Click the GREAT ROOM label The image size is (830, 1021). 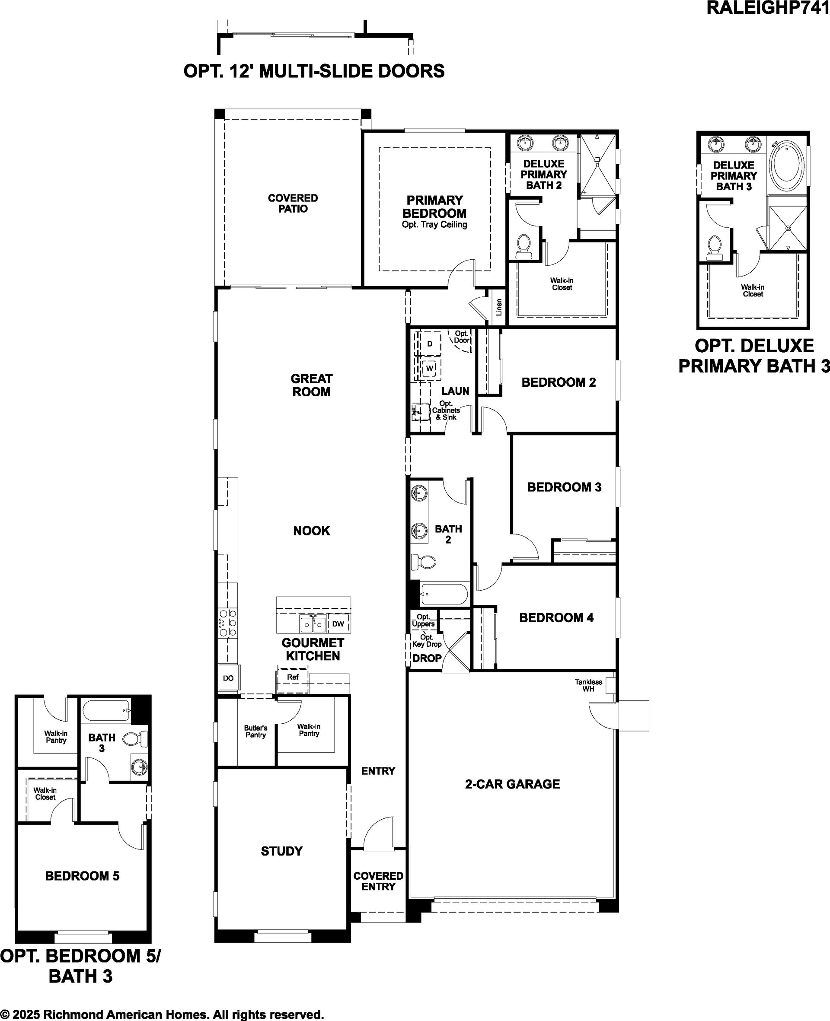311,385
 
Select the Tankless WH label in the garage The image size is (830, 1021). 588,685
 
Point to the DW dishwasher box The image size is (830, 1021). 338,624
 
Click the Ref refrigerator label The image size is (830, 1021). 293,677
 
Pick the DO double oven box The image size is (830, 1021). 228,678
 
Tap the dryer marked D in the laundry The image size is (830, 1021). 429,344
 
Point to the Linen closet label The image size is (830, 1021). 499,307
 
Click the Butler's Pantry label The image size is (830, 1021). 256,732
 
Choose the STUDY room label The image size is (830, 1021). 281,851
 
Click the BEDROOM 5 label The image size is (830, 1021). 82,876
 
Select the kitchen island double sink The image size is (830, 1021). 313,624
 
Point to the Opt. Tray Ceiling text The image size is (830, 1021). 434,225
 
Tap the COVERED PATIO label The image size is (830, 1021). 293,203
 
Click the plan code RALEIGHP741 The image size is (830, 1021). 768,8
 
